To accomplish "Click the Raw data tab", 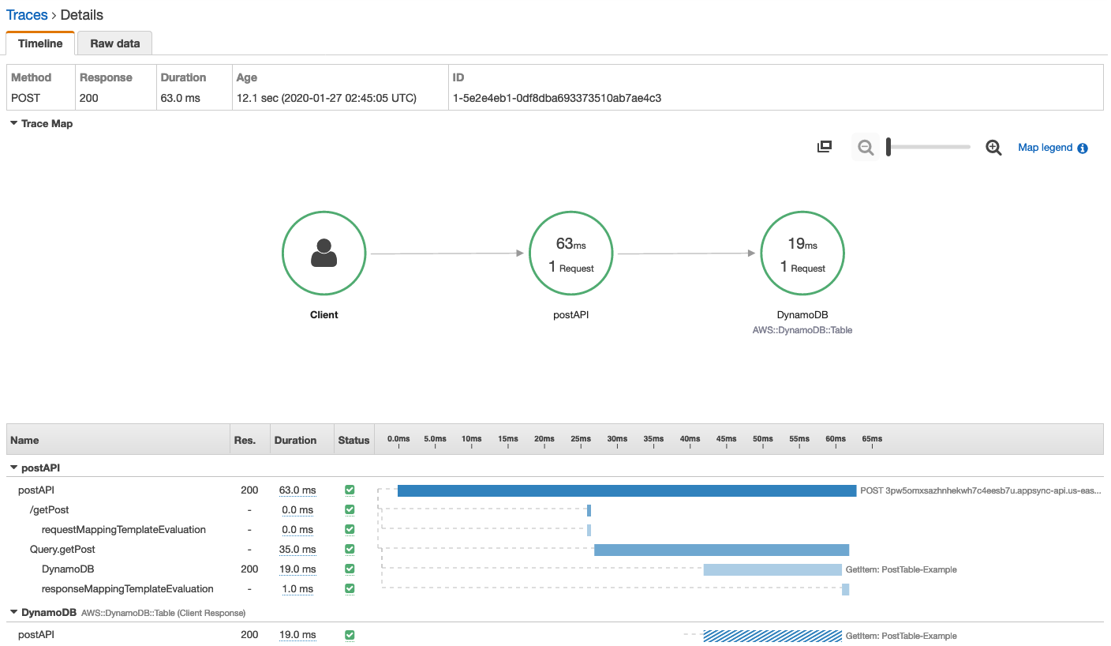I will point(114,43).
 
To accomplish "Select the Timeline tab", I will point(39,43).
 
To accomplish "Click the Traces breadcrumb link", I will point(27,15).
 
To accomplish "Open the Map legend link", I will point(1045,148).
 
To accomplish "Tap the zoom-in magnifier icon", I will point(993,148).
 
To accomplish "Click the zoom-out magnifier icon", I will point(866,148).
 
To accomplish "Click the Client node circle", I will point(324,254).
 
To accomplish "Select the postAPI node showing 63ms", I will point(570,254).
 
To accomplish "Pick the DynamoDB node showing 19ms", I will point(802,254).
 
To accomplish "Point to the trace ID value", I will point(556,98).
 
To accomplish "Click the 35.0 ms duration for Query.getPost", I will point(298,550).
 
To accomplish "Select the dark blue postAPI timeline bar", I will point(627,490).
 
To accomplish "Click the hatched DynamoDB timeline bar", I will point(772,636).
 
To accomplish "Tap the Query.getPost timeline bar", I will point(721,550).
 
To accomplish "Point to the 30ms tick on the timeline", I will point(617,439).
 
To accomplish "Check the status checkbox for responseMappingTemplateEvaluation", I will point(350,589).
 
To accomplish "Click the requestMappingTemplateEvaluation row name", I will point(123,530).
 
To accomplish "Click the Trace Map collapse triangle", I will point(14,123).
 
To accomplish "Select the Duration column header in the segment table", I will point(295,440).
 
